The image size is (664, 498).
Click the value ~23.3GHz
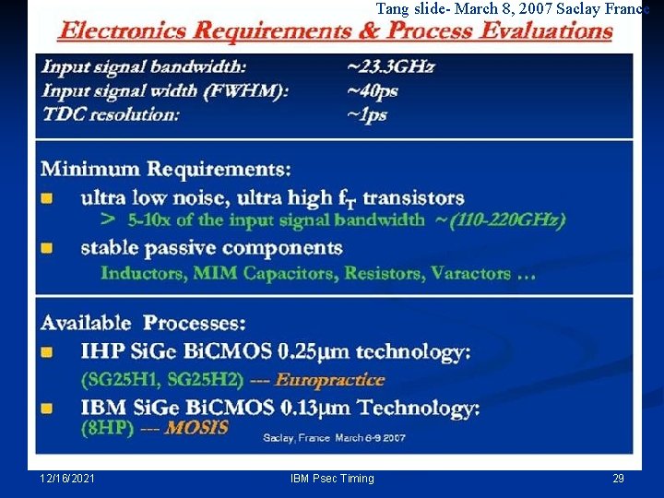(390, 66)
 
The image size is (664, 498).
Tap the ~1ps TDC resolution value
(367, 115)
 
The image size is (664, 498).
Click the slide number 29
(618, 479)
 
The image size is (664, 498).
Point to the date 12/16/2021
(67, 479)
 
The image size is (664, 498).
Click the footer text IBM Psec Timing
(332, 479)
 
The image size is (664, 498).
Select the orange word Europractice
(329, 380)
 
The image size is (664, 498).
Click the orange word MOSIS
(196, 428)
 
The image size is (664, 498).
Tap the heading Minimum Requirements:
(166, 170)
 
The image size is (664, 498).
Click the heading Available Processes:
(143, 323)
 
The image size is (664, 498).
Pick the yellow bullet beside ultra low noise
(46, 198)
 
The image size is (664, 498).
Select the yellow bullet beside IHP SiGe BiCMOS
(46, 352)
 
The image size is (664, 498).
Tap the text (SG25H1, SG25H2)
(162, 380)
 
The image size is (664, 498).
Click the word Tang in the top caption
(392, 8)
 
